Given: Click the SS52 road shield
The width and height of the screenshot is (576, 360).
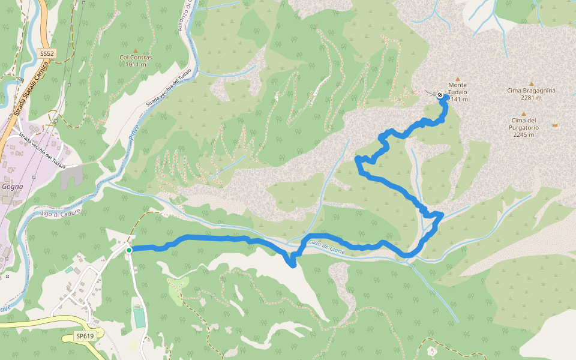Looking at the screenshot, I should coord(47,53).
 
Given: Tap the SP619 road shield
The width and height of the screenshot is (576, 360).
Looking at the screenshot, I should coord(85,336).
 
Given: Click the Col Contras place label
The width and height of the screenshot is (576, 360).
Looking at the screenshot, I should coord(136,58).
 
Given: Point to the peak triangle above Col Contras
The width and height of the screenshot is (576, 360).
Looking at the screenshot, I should coord(136,50).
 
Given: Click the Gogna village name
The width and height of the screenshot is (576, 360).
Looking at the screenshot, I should coord(13,186).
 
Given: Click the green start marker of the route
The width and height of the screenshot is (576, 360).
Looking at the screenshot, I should coord(129,250).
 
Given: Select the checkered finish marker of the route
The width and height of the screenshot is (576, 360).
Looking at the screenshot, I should coord(440,95).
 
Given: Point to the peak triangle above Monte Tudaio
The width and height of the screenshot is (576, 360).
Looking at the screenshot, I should coord(458,79).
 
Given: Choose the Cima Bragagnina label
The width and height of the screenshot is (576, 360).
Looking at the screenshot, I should coord(531,91).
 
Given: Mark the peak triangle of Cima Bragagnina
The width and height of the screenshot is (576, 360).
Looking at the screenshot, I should coord(531,83).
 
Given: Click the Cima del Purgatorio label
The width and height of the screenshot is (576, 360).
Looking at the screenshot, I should coord(523,124).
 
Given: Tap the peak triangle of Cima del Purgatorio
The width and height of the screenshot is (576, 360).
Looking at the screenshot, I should coord(523,113).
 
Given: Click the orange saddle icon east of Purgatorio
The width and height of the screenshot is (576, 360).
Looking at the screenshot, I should coord(554,125).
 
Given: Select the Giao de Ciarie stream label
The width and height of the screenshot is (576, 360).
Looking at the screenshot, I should coord(327,246).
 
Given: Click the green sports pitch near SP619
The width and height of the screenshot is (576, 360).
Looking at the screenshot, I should coord(140,317).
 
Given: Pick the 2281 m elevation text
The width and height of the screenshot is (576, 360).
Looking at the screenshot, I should coord(531,98).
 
